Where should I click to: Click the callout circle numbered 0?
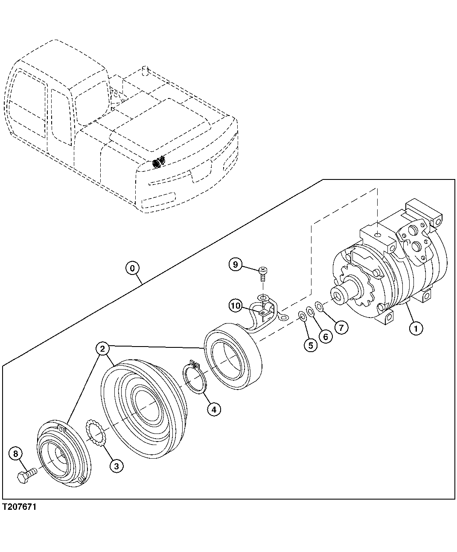pyautogui.click(x=133, y=268)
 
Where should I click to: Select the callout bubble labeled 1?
pyautogui.click(x=416, y=328)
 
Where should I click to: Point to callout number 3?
pyautogui.click(x=116, y=465)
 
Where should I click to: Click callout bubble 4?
pyautogui.click(x=214, y=409)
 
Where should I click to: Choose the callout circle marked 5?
pyautogui.click(x=311, y=344)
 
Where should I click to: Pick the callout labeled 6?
pyautogui.click(x=326, y=336)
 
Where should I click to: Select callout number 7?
pyautogui.click(x=341, y=327)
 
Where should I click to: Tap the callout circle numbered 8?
pyautogui.click(x=16, y=454)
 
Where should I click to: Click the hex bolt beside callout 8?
pyautogui.click(x=26, y=475)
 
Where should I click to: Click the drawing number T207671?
pyautogui.click(x=19, y=507)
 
